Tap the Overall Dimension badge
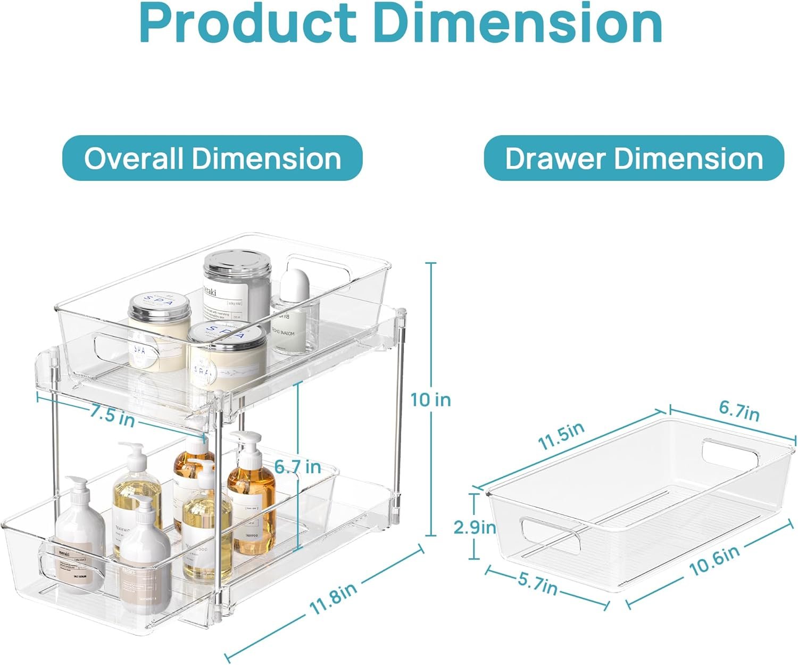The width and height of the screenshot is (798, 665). (x=213, y=158)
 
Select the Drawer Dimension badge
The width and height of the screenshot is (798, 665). (x=634, y=158)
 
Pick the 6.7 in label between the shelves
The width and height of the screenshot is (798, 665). (x=298, y=467)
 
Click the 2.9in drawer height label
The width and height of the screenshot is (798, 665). (x=475, y=527)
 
